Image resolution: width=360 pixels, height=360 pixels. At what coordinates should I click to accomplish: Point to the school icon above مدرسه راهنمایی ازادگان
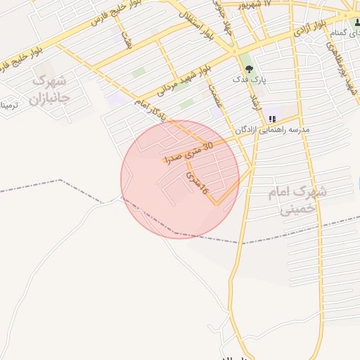tap(272, 119)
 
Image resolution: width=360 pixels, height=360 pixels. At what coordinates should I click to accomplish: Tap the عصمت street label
tap(214, 97)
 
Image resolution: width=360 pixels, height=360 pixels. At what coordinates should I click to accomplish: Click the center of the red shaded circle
tap(180, 179)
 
